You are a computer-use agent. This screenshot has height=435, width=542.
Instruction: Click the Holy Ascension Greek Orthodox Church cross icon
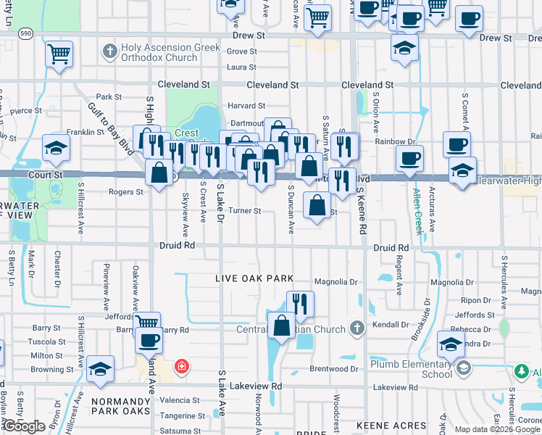coord(109,51)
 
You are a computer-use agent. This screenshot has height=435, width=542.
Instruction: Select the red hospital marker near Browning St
coord(181,367)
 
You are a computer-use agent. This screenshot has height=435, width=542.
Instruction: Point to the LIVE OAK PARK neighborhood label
coord(254,278)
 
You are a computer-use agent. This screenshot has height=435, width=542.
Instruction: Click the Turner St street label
coord(244,211)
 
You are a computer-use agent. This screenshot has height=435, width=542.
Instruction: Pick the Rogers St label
coord(125,192)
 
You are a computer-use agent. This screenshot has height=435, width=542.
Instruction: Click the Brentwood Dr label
coord(334,369)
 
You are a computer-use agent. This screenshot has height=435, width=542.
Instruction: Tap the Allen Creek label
coord(418,211)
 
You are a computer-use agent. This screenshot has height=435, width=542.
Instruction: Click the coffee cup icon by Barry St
coord(149,339)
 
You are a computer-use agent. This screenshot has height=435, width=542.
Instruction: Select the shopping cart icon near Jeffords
coord(147,323)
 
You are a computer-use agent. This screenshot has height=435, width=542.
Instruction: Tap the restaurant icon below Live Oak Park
coord(299,303)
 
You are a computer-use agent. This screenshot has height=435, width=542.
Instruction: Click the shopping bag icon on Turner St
coord(317,204)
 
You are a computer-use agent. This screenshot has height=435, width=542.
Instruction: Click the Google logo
coord(25,427)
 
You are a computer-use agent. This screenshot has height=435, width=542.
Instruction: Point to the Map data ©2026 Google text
coord(496,429)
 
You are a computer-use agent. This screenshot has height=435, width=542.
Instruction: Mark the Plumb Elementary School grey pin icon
coord(463,369)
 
